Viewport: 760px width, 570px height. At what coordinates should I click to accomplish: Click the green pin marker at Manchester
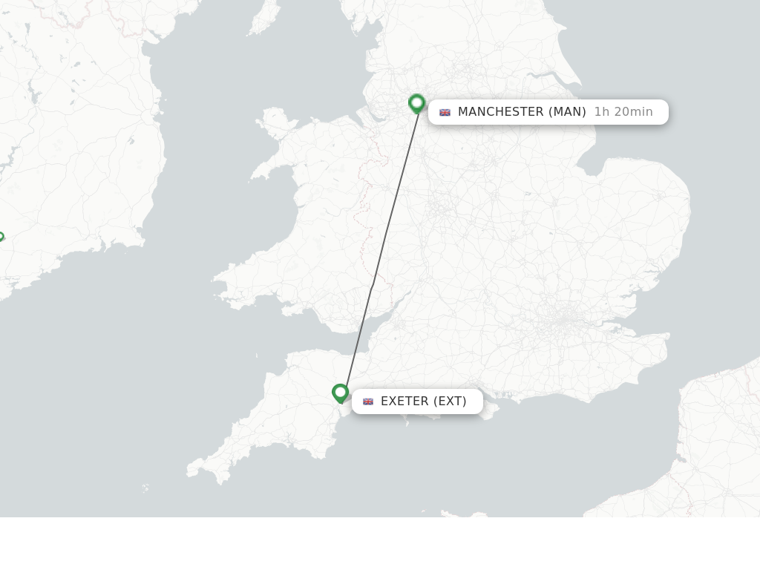click(x=416, y=102)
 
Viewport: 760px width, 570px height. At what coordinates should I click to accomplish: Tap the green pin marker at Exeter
click(x=340, y=392)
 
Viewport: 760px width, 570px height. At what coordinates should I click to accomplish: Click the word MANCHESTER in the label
click(x=500, y=112)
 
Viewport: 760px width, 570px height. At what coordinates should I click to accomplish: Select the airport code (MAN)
click(x=567, y=112)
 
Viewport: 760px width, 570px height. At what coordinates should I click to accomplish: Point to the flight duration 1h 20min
click(x=623, y=112)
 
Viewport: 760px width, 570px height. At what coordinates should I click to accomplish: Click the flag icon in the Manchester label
click(x=445, y=113)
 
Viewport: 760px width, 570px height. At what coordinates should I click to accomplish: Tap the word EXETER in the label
click(x=404, y=402)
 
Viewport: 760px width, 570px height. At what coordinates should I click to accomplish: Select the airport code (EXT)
click(x=450, y=402)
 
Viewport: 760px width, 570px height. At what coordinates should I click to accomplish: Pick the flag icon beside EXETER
click(x=367, y=402)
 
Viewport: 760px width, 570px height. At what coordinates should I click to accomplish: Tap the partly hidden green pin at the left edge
click(x=1, y=237)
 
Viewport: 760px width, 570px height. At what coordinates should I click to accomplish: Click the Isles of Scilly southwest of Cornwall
click(x=145, y=488)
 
